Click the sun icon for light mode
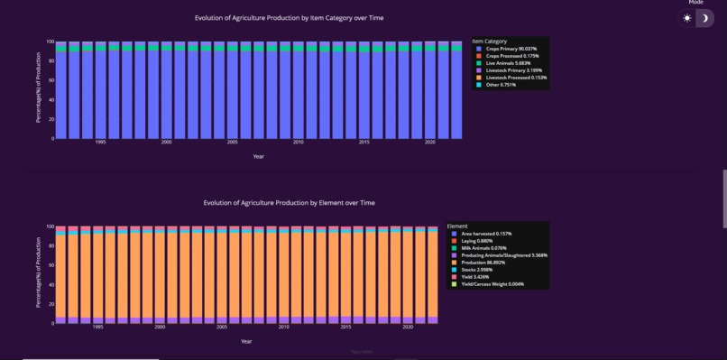click(x=687, y=18)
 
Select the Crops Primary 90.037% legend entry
click(x=511, y=49)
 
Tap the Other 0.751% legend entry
click(x=502, y=85)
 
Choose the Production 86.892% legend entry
click(x=486, y=263)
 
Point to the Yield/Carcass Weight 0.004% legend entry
click(x=492, y=284)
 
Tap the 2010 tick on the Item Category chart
click(x=298, y=143)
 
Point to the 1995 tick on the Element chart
click(x=97, y=328)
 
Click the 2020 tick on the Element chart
click(x=408, y=328)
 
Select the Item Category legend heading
click(x=489, y=42)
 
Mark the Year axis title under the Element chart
click(x=246, y=341)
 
